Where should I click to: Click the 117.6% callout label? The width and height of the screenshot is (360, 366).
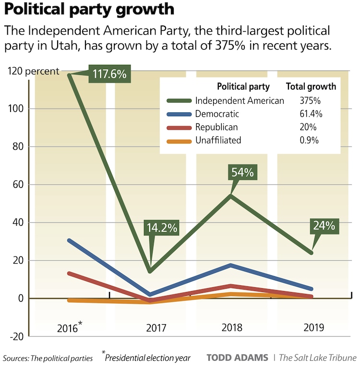[x=109, y=74]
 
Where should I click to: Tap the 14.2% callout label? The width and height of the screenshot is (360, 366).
[x=161, y=227]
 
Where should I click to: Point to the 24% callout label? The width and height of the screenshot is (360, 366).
[x=324, y=225]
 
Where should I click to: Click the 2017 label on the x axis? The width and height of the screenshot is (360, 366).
[x=156, y=328]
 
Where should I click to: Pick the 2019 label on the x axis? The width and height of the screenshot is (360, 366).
[x=314, y=328]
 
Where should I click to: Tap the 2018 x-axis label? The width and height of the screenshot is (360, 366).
[x=232, y=328]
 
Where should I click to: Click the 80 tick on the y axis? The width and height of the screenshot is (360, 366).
[x=18, y=146]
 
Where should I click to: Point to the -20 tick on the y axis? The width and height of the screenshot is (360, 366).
[x=16, y=336]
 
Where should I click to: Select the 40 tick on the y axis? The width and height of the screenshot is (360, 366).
[x=18, y=222]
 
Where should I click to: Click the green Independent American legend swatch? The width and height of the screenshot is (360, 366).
[x=179, y=101]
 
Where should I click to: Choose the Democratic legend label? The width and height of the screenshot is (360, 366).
[x=217, y=114]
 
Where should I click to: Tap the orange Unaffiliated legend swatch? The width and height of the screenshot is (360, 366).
[x=179, y=141]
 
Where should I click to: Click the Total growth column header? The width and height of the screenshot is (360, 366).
[x=311, y=87]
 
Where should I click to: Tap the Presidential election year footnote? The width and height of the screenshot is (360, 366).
[x=148, y=357]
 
